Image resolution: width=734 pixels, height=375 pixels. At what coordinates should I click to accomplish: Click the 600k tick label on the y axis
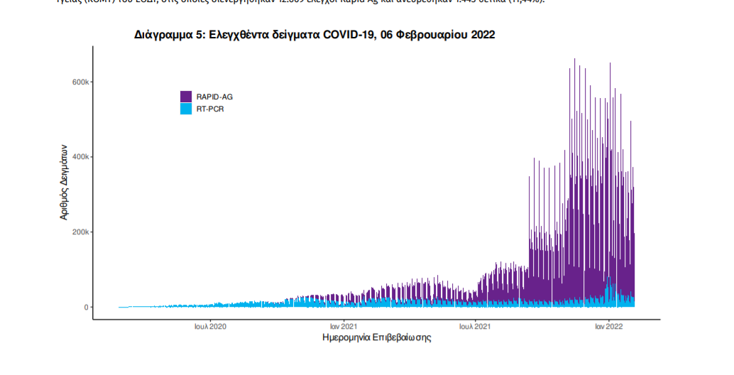pos(79,82)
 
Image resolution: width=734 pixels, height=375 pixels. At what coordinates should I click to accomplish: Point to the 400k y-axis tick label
pos(79,157)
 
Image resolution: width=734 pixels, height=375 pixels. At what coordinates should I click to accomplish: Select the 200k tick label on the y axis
pos(79,232)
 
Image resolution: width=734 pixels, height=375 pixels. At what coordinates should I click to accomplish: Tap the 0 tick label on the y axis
pos(85,308)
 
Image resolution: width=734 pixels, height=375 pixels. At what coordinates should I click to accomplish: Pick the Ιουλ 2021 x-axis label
pos(475,327)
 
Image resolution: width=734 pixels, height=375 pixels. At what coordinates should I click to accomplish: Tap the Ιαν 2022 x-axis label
pos(608,327)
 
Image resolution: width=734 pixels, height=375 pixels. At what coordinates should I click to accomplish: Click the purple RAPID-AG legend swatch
pos(186,97)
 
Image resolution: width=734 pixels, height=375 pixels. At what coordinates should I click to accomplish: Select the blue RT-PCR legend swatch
pos(186,109)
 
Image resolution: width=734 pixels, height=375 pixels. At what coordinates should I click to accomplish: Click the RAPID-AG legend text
pos(214,97)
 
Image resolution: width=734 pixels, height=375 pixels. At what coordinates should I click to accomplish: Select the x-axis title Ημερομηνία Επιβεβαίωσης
pos(376,338)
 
